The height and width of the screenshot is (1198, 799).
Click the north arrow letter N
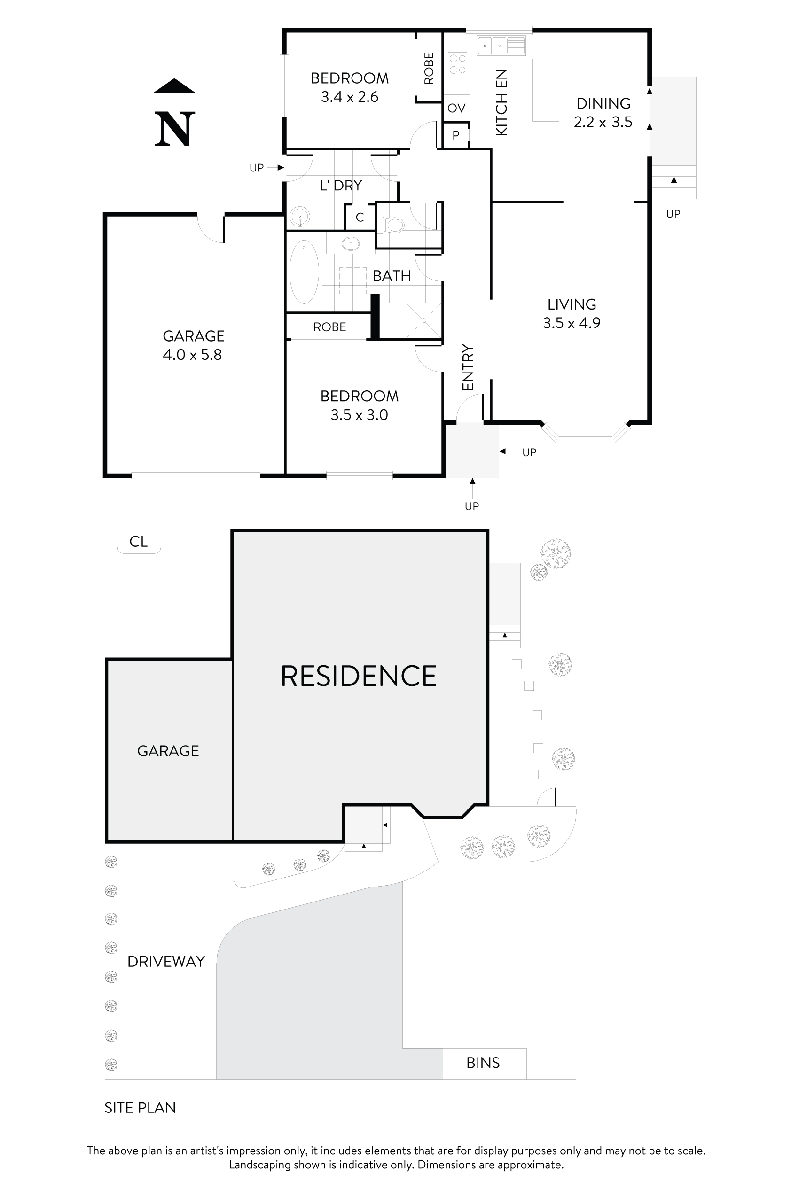coord(175,129)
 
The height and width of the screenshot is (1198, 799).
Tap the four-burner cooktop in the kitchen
coord(458,65)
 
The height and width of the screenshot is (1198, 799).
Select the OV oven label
coord(456,108)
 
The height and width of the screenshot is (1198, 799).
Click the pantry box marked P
coord(455,135)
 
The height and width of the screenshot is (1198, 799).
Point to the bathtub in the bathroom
coord(304,272)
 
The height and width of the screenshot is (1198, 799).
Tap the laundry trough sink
coord(300,218)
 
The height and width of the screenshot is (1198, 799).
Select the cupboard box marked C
coord(360,218)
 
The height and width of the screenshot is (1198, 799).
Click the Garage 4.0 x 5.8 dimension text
coord(192,355)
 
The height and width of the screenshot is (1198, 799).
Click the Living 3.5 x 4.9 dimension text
coord(571,323)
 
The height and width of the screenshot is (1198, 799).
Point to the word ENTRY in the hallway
coord(468,367)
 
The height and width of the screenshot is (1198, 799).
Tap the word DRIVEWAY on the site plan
coord(166,962)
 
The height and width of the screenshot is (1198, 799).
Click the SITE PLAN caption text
coord(140,1108)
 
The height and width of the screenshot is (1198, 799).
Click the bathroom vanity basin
coord(350,244)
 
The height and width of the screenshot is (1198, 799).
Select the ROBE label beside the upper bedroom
coord(429,68)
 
